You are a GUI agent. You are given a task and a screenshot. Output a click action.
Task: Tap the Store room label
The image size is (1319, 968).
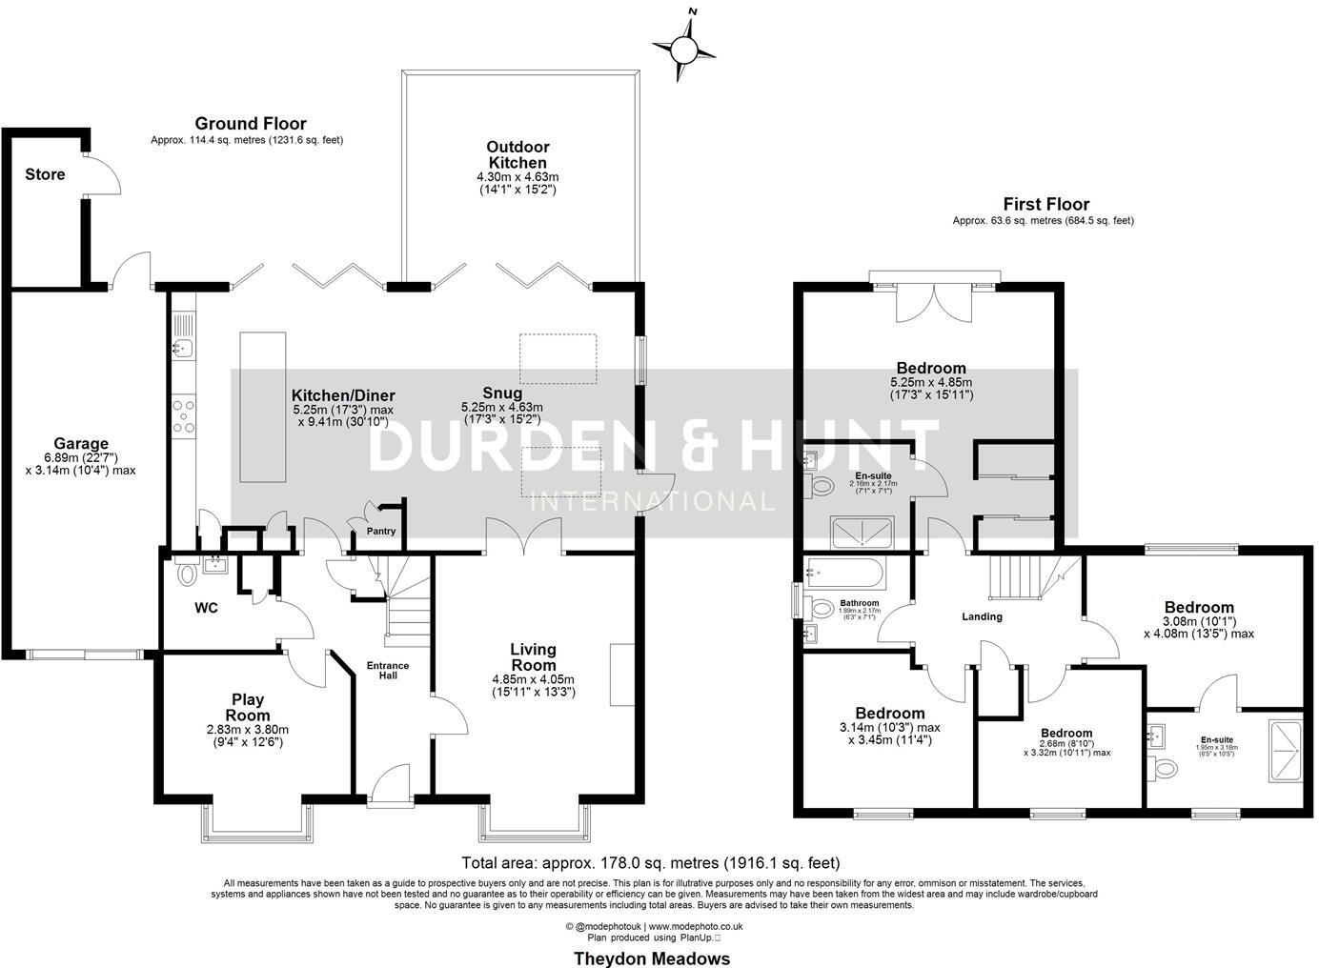(x=45, y=174)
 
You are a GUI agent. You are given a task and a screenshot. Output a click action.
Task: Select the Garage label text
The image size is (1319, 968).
(x=81, y=443)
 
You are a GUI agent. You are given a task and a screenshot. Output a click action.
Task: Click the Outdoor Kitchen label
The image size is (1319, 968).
(x=517, y=155)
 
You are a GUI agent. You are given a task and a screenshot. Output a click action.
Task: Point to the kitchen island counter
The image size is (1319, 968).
(x=262, y=408)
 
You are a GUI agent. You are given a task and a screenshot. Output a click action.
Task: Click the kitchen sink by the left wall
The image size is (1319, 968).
(x=182, y=349)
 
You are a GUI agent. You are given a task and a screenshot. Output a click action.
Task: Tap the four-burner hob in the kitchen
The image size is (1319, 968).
(x=185, y=416)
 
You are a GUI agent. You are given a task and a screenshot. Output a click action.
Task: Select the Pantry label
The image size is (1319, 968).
(x=380, y=532)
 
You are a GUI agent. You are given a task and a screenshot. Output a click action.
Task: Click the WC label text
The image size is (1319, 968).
(x=207, y=607)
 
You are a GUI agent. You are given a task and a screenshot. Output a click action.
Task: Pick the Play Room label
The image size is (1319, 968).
(x=247, y=707)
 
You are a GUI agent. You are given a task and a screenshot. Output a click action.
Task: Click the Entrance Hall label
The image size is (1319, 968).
(x=388, y=671)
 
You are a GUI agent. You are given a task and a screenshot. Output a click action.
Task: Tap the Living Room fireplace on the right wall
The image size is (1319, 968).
(x=622, y=674)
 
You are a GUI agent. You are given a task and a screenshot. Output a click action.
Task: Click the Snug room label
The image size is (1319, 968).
(x=502, y=393)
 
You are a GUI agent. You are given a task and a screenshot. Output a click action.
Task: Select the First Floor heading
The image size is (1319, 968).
(x=1045, y=204)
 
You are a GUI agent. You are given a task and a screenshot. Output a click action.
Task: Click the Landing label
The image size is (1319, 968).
(x=982, y=616)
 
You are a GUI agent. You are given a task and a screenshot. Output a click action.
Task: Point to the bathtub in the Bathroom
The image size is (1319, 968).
(x=844, y=575)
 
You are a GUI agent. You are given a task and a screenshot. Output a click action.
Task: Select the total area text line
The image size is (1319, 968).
(x=651, y=863)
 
